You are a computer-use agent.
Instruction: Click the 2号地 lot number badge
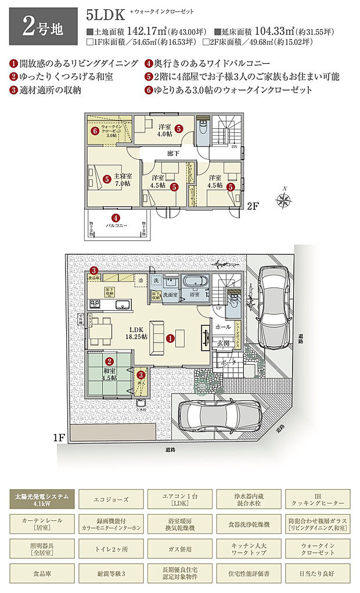pyautogui.click(x=42, y=26)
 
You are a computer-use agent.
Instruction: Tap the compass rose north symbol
pyautogui.click(x=283, y=200)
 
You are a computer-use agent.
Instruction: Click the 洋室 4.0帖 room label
pyautogui.click(x=164, y=130)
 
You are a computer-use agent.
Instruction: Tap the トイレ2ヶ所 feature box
pyautogui.click(x=111, y=547)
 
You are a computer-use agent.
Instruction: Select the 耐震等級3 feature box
pyautogui.click(x=111, y=572)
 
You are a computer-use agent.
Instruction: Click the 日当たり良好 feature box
pyautogui.click(x=316, y=572)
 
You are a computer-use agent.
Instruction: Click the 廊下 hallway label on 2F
pyautogui.click(x=172, y=153)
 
